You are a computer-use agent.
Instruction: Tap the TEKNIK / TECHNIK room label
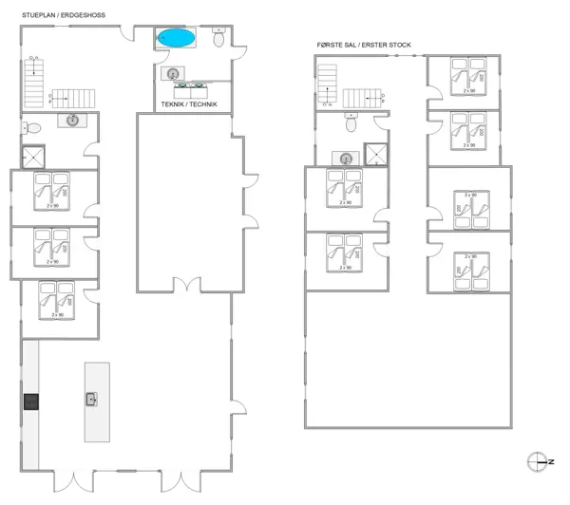190,103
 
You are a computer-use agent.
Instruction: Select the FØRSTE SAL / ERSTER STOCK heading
364,45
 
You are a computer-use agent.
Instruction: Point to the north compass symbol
538,461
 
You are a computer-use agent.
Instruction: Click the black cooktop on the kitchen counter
30,402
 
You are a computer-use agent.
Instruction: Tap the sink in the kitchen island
92,399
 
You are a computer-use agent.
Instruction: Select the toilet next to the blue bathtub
218,39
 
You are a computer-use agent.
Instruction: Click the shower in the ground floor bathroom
35,156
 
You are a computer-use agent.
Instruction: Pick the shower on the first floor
376,154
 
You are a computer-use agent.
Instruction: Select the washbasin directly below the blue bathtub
173,73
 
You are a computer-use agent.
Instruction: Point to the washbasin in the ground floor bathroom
72,120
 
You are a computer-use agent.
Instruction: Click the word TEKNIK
173,103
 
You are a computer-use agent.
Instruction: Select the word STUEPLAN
39,15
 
